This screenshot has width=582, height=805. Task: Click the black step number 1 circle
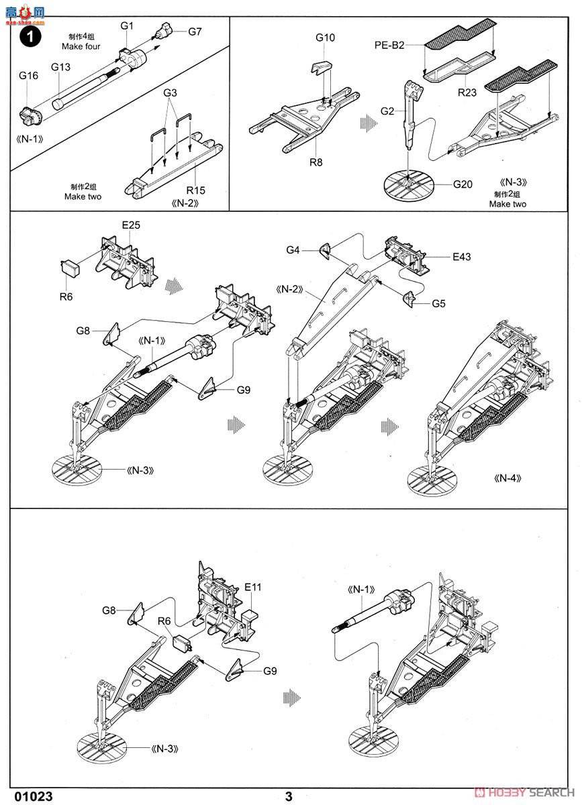point(31,37)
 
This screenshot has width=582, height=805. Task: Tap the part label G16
point(28,75)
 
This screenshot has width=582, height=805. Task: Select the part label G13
point(61,67)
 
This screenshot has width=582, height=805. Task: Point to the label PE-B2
point(389,45)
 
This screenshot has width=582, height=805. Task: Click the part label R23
point(467,93)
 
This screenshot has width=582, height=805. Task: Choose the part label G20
point(463,184)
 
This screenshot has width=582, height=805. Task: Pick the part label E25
point(131,225)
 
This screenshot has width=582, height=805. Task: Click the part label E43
point(461,256)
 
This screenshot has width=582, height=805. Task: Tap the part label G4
point(293,250)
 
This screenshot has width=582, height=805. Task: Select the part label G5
point(438,304)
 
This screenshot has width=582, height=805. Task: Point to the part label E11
point(252,587)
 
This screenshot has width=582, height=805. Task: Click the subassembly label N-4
point(507,478)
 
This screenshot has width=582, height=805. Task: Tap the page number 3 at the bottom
point(289,796)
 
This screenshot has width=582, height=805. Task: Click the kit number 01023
point(34,796)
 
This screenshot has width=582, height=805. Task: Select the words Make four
point(81,46)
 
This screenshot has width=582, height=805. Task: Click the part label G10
point(325,38)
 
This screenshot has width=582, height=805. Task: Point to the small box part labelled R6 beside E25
point(70,269)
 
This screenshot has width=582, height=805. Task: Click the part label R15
point(196,190)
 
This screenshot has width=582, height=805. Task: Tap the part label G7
point(195,32)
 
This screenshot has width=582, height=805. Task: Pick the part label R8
point(316,162)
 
